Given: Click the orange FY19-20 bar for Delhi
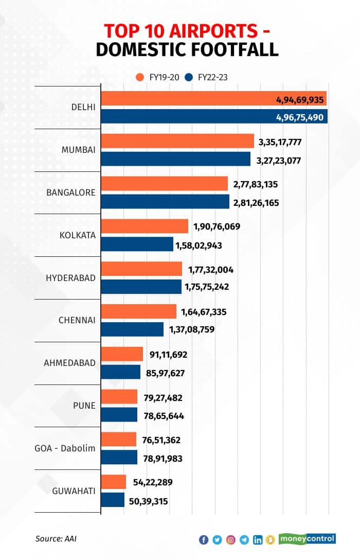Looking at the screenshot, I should click(x=213, y=98).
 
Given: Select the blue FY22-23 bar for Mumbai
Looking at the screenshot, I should click(x=175, y=159).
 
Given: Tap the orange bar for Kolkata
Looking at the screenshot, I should click(x=145, y=226).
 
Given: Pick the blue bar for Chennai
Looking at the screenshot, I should click(x=132, y=329).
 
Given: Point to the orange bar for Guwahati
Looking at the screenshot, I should click(x=113, y=482).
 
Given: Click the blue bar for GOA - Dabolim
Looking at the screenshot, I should click(x=119, y=457).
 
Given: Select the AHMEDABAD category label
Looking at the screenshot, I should click(x=70, y=363).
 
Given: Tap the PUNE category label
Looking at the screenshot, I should click(x=84, y=406).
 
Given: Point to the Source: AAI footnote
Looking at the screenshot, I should click(x=56, y=539).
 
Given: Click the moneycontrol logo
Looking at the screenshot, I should click(x=307, y=539).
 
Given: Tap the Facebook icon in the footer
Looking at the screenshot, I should click(x=204, y=540).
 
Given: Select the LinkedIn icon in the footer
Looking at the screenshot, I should click(x=257, y=540).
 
